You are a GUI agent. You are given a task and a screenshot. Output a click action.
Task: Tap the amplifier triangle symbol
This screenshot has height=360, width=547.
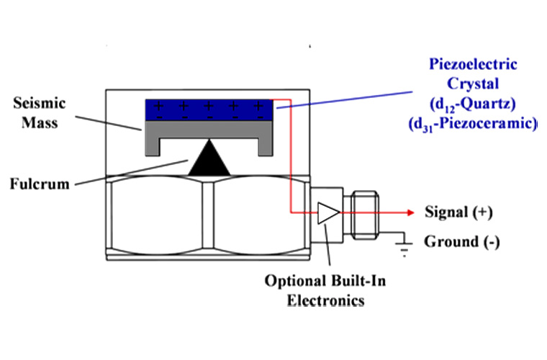click(x=328, y=212)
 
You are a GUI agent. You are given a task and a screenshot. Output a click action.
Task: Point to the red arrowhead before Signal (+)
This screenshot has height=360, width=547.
click(x=411, y=212)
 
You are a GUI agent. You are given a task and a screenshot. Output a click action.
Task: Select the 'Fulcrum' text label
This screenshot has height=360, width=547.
click(x=40, y=184)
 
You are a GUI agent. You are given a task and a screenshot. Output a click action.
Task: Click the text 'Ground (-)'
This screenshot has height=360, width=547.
click(x=461, y=241)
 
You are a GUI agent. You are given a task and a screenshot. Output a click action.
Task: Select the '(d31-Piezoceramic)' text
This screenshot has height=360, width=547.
click(x=472, y=123)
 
